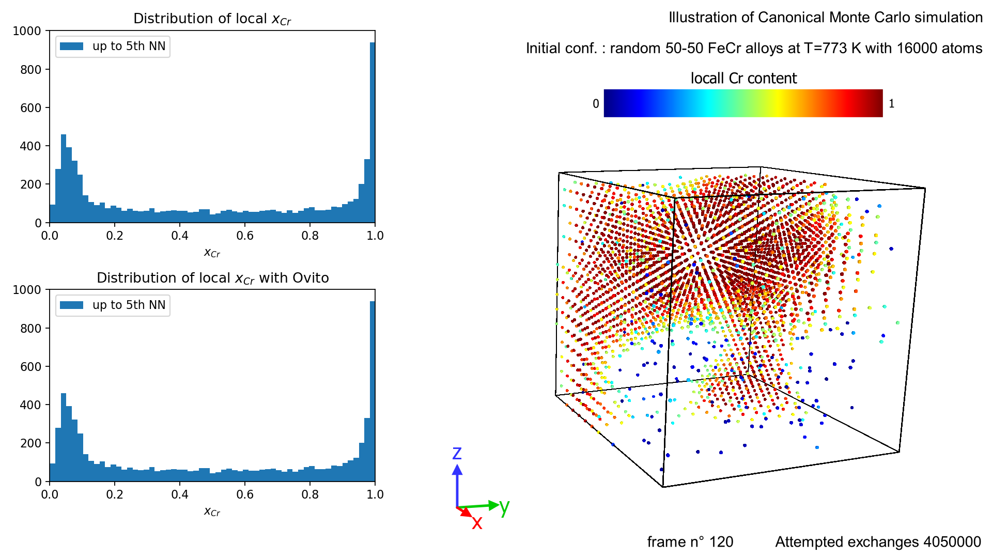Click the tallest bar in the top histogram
(372, 134)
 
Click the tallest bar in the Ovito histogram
(372, 393)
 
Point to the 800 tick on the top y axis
(31, 70)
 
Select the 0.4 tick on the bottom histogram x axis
(180, 494)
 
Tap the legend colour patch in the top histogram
(72, 47)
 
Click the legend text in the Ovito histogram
(129, 305)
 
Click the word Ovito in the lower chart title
(311, 278)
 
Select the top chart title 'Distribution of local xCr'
(212, 19)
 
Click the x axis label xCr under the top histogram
(212, 253)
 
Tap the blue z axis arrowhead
(457, 470)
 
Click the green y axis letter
(505, 507)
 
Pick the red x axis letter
(477, 523)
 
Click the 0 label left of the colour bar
(596, 104)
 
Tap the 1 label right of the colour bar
(891, 104)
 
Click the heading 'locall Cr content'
(743, 78)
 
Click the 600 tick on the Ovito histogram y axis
(31, 367)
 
